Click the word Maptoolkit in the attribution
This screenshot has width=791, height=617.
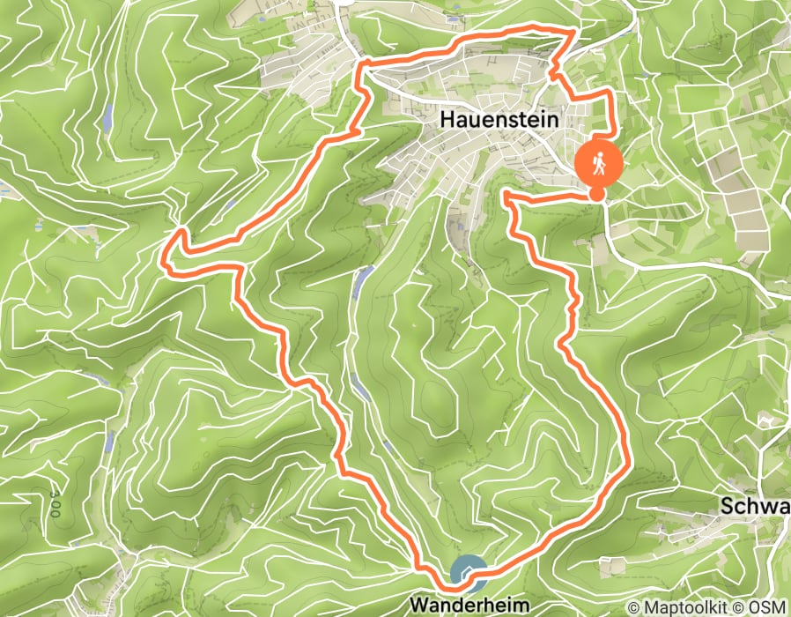(687, 607)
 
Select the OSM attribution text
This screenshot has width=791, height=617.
(769, 607)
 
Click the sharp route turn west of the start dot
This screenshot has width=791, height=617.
(506, 195)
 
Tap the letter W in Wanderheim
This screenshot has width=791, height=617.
(418, 606)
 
